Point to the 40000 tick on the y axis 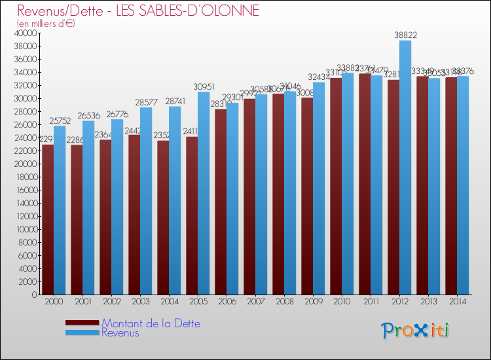coord(26,33)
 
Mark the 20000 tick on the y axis coord(26,164)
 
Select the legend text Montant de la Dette coord(151,323)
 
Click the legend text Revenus coord(120,333)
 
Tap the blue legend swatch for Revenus coord(82,333)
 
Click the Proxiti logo coord(416,330)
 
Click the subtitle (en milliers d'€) coord(46,24)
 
